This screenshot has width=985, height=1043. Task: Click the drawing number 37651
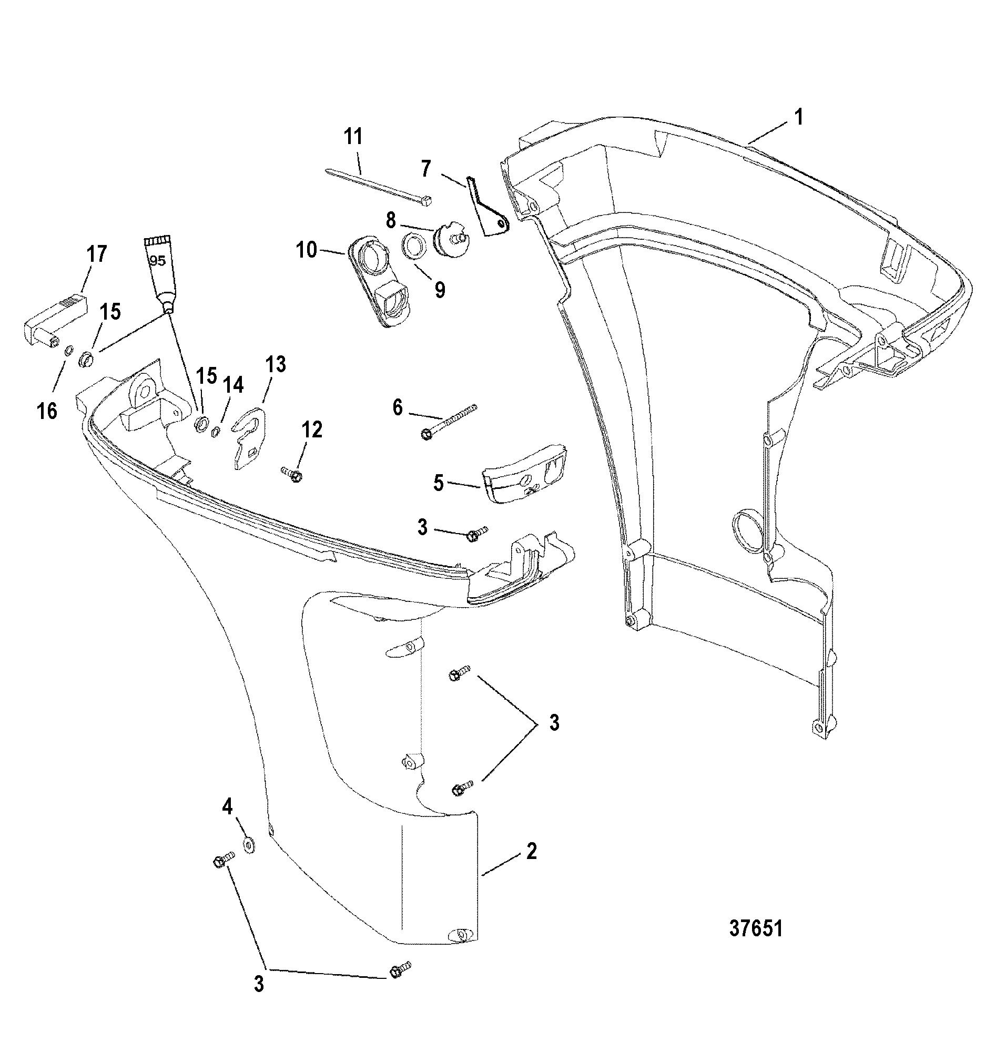coord(756,929)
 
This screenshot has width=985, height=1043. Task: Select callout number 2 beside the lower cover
coord(531,851)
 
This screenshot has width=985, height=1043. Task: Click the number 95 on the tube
coord(157,260)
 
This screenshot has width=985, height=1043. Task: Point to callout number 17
coord(96,254)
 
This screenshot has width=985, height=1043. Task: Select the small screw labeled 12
coord(292,474)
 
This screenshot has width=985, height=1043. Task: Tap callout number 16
coord(47,410)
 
